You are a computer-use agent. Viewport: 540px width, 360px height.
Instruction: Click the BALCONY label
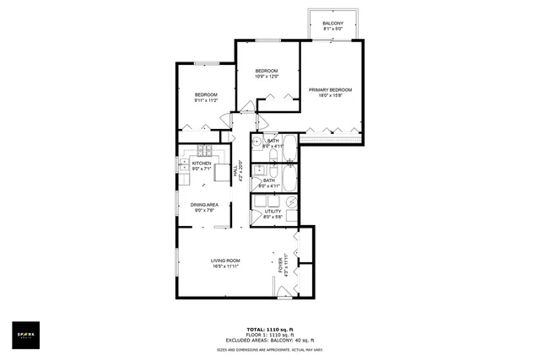point(332,23)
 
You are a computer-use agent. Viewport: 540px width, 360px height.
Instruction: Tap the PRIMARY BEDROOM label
point(330,89)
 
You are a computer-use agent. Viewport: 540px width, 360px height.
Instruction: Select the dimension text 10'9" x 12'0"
point(267,77)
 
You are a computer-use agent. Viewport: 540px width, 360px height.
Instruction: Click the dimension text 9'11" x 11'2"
point(206,100)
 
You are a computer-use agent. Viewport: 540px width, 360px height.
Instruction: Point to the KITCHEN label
point(202,164)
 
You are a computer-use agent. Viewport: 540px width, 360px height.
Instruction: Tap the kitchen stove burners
point(203,151)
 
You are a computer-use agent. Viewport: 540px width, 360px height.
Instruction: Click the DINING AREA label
point(205,205)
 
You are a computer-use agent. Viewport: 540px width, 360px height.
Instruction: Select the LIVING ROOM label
point(225,261)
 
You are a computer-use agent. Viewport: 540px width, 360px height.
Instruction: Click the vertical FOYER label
point(281,264)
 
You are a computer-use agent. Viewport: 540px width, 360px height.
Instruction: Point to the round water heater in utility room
point(290,202)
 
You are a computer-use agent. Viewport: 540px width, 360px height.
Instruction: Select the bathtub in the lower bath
point(289,178)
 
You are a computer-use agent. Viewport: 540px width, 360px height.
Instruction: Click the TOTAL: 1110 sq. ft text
point(269,328)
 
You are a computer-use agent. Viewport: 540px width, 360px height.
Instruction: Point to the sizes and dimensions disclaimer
point(269,348)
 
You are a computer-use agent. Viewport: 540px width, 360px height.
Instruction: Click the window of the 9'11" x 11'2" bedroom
point(205,63)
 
